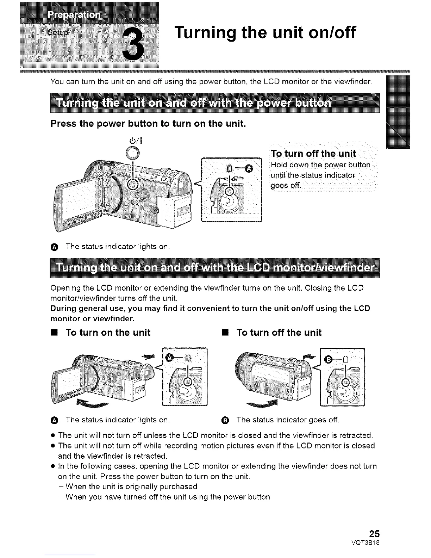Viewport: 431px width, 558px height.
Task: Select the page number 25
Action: coord(373,532)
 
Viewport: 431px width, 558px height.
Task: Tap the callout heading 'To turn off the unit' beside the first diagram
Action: coord(313,154)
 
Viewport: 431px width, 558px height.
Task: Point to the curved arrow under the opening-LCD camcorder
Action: coord(91,403)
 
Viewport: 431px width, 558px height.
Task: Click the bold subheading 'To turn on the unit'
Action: coord(108,333)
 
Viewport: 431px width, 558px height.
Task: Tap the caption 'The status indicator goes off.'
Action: coord(288,420)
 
